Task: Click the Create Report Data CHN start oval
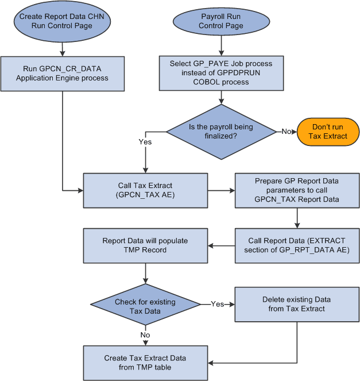click(x=63, y=21)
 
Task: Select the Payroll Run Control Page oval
click(x=220, y=21)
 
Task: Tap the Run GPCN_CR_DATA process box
click(x=63, y=73)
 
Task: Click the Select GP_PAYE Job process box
click(x=221, y=73)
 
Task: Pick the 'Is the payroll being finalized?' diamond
click(x=220, y=131)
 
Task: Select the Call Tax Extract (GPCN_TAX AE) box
click(x=145, y=190)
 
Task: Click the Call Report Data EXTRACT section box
click(x=297, y=245)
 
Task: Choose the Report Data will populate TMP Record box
click(x=145, y=246)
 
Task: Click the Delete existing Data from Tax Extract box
click(x=297, y=304)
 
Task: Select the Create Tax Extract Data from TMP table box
click(x=145, y=363)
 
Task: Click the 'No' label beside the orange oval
click(x=285, y=132)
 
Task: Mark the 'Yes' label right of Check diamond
click(x=218, y=303)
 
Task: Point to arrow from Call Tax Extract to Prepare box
click(x=221, y=190)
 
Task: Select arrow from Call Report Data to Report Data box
click(x=221, y=246)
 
